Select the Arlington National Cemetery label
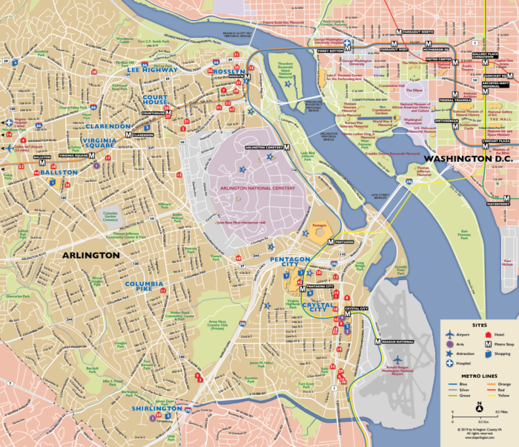[257, 189]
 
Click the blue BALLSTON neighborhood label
[59, 172]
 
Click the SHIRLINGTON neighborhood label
[156, 409]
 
